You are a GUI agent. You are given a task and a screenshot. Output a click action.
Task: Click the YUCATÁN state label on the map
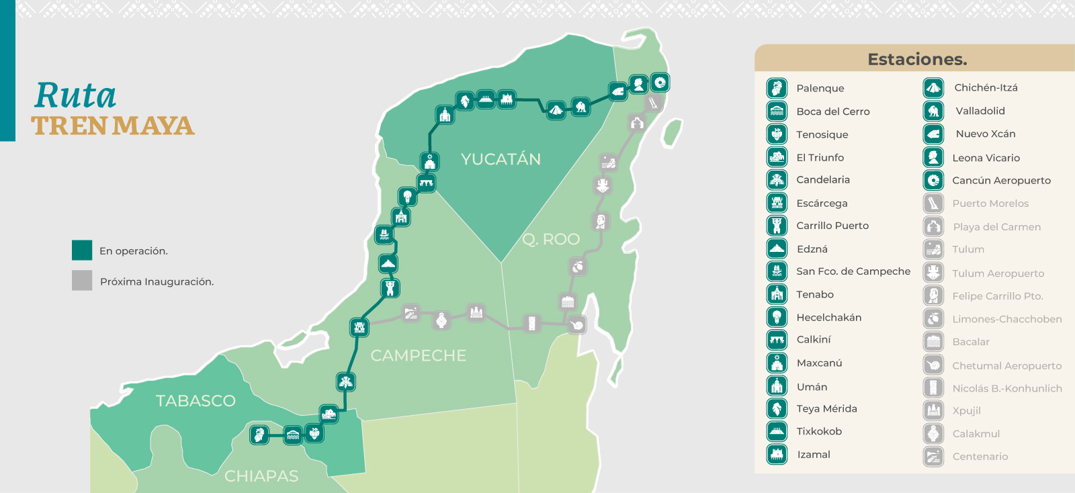point(501,159)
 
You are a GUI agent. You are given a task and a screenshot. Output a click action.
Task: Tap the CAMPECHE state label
point(418,355)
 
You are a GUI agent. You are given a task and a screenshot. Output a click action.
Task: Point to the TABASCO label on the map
point(196,401)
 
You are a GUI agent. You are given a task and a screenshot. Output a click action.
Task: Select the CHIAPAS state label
point(261,476)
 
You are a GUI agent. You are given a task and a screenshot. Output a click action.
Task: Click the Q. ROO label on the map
point(551,239)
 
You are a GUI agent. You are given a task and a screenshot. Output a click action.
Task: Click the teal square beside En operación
point(82,250)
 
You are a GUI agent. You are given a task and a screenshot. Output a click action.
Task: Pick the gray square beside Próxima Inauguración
point(82,281)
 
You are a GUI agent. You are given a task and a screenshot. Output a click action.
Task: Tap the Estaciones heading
point(917,59)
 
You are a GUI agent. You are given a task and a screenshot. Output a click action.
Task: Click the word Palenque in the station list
point(820,88)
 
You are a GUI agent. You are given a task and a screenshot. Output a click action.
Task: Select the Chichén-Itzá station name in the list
point(986,87)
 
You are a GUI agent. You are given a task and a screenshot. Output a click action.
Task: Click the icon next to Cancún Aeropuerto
point(933,180)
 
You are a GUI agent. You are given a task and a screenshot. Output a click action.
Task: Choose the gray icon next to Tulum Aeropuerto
point(933,273)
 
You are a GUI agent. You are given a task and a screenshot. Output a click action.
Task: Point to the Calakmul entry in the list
point(976,434)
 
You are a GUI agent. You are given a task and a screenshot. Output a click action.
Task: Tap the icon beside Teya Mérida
point(777,408)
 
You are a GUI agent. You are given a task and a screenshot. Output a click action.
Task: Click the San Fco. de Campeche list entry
point(853,271)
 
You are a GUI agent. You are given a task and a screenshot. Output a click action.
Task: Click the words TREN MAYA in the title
point(113,126)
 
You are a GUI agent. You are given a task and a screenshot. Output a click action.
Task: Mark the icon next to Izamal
point(777,454)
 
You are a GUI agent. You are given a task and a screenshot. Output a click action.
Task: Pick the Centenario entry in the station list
point(980,457)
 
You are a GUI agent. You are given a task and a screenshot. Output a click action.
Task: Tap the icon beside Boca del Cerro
point(777,111)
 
